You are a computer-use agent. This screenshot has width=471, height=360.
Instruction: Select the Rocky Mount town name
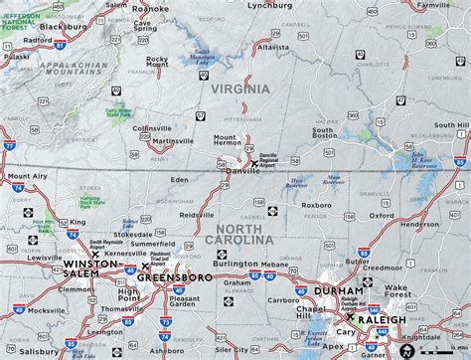pyautogui.click(x=158, y=63)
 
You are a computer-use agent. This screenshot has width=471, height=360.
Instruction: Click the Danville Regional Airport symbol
pyautogui.click(x=253, y=164)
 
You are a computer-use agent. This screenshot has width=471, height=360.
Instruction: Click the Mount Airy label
pyautogui.click(x=27, y=175)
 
